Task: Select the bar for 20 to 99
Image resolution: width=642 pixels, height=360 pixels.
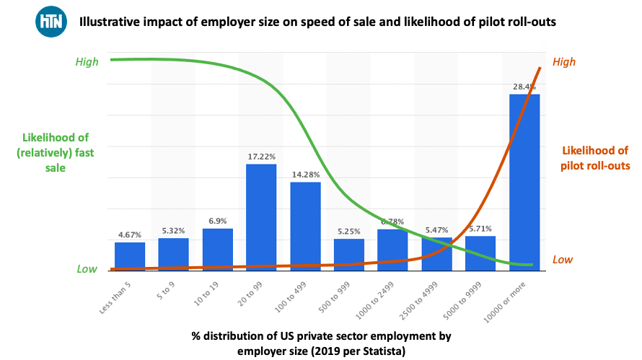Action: [261, 216]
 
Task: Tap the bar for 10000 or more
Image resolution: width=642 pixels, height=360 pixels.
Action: [524, 180]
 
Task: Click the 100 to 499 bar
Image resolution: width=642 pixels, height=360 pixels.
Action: [305, 224]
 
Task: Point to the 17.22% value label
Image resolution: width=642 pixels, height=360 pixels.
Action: [261, 156]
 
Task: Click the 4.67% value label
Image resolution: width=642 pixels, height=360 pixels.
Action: [130, 234]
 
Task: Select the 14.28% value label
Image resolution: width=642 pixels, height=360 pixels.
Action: [305, 174]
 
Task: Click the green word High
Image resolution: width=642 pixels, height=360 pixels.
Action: [87, 62]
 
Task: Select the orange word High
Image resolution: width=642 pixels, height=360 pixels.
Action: [564, 62]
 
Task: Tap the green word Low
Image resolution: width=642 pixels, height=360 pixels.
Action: [87, 269]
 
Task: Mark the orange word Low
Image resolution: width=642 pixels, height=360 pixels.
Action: [563, 260]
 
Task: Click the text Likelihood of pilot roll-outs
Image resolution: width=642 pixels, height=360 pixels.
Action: [595, 158]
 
